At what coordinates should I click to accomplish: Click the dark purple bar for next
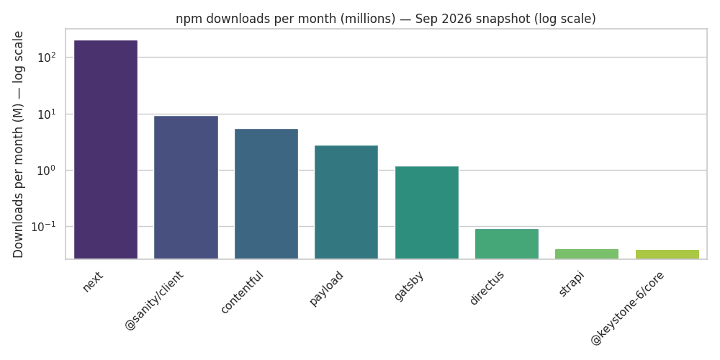click(x=106, y=150)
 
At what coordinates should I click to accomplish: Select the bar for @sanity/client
click(x=186, y=187)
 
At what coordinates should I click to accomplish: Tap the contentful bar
click(x=266, y=194)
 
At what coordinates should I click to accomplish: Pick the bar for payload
click(x=346, y=202)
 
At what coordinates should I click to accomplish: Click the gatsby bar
click(x=426, y=212)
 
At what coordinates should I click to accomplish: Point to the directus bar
click(x=506, y=244)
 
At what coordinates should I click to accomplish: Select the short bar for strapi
click(x=587, y=254)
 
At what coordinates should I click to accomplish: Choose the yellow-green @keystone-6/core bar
click(x=667, y=254)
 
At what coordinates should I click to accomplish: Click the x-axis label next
click(x=93, y=282)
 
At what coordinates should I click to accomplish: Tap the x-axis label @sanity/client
click(x=155, y=300)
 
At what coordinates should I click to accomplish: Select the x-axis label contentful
click(x=243, y=292)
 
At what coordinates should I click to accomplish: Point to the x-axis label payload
click(x=326, y=289)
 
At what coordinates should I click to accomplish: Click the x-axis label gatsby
click(x=409, y=286)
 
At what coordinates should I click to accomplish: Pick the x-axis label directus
click(x=487, y=288)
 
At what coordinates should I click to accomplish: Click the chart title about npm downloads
click(x=386, y=19)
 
